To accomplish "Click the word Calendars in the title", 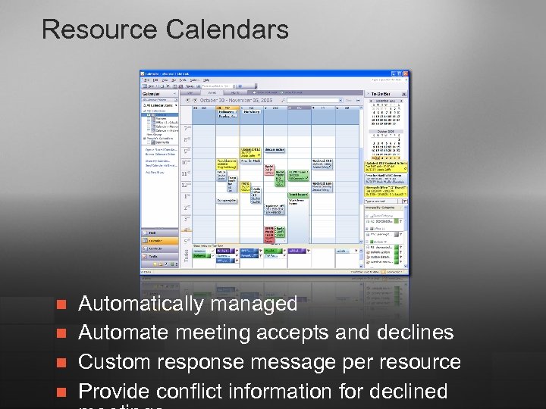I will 227,30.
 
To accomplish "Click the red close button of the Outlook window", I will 407,73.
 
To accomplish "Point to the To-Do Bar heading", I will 381,94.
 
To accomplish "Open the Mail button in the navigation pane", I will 154,233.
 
